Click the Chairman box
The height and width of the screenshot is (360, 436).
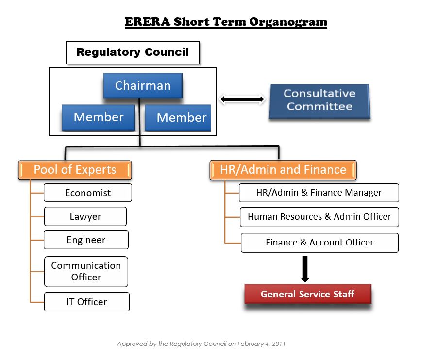click(143, 86)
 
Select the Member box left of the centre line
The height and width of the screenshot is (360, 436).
click(98, 117)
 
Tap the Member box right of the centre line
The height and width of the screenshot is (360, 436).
click(178, 118)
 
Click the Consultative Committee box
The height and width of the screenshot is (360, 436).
click(319, 100)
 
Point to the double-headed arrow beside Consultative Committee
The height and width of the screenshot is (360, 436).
click(242, 99)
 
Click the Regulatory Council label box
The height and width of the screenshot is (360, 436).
click(133, 52)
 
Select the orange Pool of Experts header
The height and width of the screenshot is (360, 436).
click(75, 170)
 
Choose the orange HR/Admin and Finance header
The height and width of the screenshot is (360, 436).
click(283, 170)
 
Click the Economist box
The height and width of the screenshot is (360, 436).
click(88, 193)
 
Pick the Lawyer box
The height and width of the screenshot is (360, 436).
click(85, 216)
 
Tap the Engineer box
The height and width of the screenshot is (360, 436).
click(86, 240)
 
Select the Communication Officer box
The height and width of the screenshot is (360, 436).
click(86, 271)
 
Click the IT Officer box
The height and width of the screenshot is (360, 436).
click(86, 302)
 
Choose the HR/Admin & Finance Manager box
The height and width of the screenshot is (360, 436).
click(319, 193)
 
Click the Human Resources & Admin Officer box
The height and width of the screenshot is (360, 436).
click(319, 217)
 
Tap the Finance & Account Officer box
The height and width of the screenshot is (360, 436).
click(319, 243)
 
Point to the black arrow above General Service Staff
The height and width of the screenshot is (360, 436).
click(305, 269)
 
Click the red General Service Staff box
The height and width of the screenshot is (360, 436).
click(307, 294)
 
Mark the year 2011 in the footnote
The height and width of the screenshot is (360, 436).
click(278, 344)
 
